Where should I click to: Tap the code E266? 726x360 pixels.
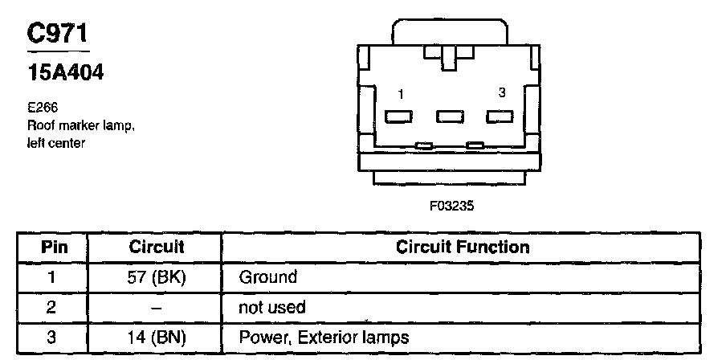tap(41, 106)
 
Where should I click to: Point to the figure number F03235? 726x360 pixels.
tap(451, 206)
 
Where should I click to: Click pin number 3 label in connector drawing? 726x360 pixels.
tap(502, 93)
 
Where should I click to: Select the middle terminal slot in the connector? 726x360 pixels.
tap(449, 117)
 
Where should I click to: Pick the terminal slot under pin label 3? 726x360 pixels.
tap(500, 117)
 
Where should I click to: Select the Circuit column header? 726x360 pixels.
tap(157, 247)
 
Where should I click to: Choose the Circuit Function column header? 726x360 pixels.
tap(463, 247)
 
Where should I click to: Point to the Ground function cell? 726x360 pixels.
tap(268, 277)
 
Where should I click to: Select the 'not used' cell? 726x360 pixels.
tap(272, 308)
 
